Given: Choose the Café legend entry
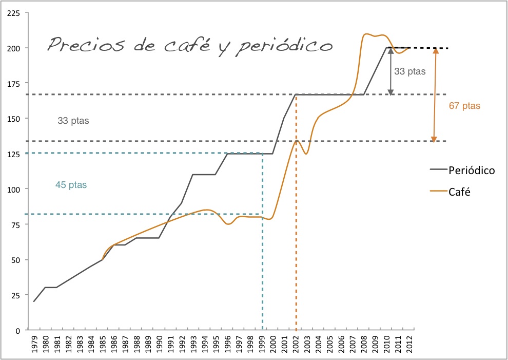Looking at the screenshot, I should click(460, 192).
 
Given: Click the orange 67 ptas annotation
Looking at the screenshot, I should click(464, 106).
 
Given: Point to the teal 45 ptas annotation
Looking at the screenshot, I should click(71, 185).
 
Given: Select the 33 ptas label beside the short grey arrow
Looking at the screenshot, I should click(409, 72).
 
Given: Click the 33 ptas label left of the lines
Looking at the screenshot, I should click(73, 122).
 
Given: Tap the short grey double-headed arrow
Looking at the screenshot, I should click(391, 72).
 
